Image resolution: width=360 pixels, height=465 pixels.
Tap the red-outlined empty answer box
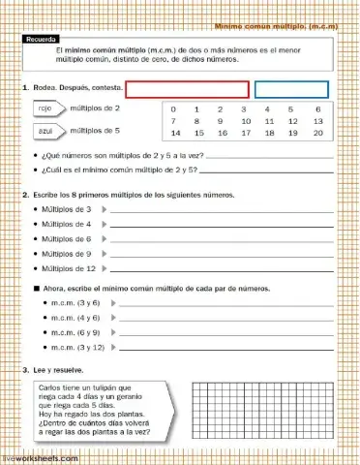[187, 90]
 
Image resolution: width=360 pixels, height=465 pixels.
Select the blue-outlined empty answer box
[291, 90]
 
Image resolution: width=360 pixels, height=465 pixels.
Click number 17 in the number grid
[244, 133]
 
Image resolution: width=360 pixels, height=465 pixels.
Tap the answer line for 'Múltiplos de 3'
[223, 210]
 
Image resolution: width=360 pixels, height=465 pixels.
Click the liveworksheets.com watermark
[41, 456]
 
